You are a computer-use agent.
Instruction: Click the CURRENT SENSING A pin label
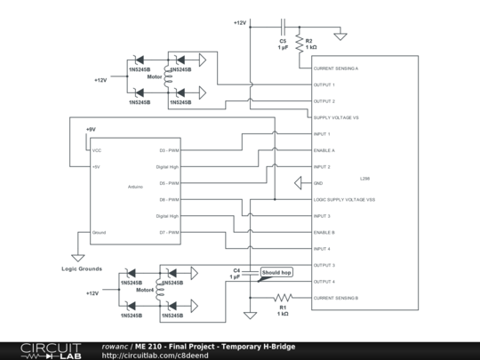[x=337, y=68]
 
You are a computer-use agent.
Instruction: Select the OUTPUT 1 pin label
[x=324, y=85]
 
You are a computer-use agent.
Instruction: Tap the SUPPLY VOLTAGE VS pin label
[x=337, y=118]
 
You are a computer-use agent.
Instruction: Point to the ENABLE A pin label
[x=324, y=151]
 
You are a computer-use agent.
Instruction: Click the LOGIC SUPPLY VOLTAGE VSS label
[x=345, y=200]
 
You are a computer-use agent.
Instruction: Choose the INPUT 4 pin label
[x=323, y=249]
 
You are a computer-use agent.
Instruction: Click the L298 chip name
[x=365, y=178]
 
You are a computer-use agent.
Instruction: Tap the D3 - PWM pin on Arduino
[x=169, y=150]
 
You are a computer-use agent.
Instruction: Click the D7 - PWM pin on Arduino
[x=169, y=233]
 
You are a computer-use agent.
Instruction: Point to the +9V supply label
[x=90, y=130]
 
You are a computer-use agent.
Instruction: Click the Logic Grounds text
[x=81, y=268]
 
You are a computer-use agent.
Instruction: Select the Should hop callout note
[x=276, y=272]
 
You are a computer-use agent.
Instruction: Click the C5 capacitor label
[x=283, y=41]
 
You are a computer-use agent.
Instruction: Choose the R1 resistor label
[x=283, y=308]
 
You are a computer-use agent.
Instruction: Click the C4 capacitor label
[x=236, y=270]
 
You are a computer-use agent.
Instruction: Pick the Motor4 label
[x=145, y=290]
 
